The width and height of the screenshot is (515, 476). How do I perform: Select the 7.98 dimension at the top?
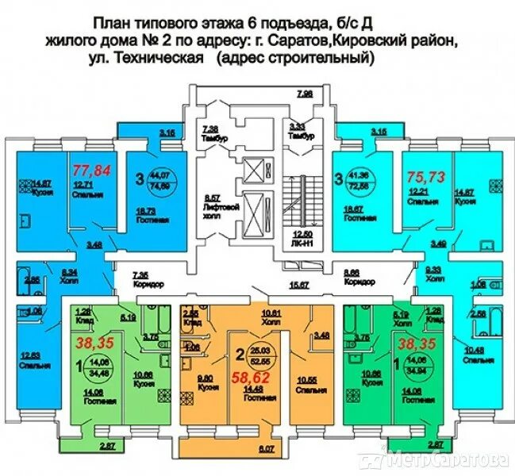(305, 94)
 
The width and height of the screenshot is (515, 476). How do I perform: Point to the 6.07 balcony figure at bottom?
(265, 451)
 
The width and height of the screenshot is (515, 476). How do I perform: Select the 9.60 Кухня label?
(207, 385)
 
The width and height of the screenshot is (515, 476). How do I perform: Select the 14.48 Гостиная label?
(253, 393)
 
